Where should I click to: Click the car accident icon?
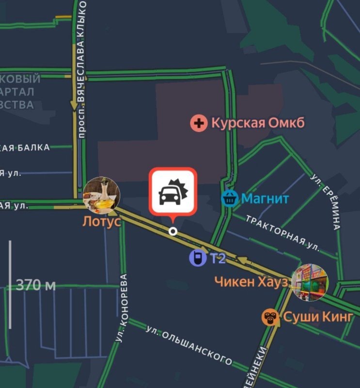pos(173,192)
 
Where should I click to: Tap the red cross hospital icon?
pos(198,123)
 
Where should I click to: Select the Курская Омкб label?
pos(258,123)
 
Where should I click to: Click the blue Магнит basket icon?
pos(229,198)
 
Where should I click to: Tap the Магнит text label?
pos(265,198)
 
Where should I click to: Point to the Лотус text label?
pos(101,222)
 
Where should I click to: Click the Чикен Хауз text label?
pos(251,281)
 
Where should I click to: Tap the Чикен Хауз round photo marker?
pos(310,282)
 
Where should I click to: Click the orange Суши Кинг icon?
pos(270,318)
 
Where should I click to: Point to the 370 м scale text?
pos(36,285)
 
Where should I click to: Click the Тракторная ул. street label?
pos(282,233)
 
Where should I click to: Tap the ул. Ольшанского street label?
pos(189,344)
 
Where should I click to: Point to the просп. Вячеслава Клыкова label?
pos(81,68)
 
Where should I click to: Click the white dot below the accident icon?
pos(172,231)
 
